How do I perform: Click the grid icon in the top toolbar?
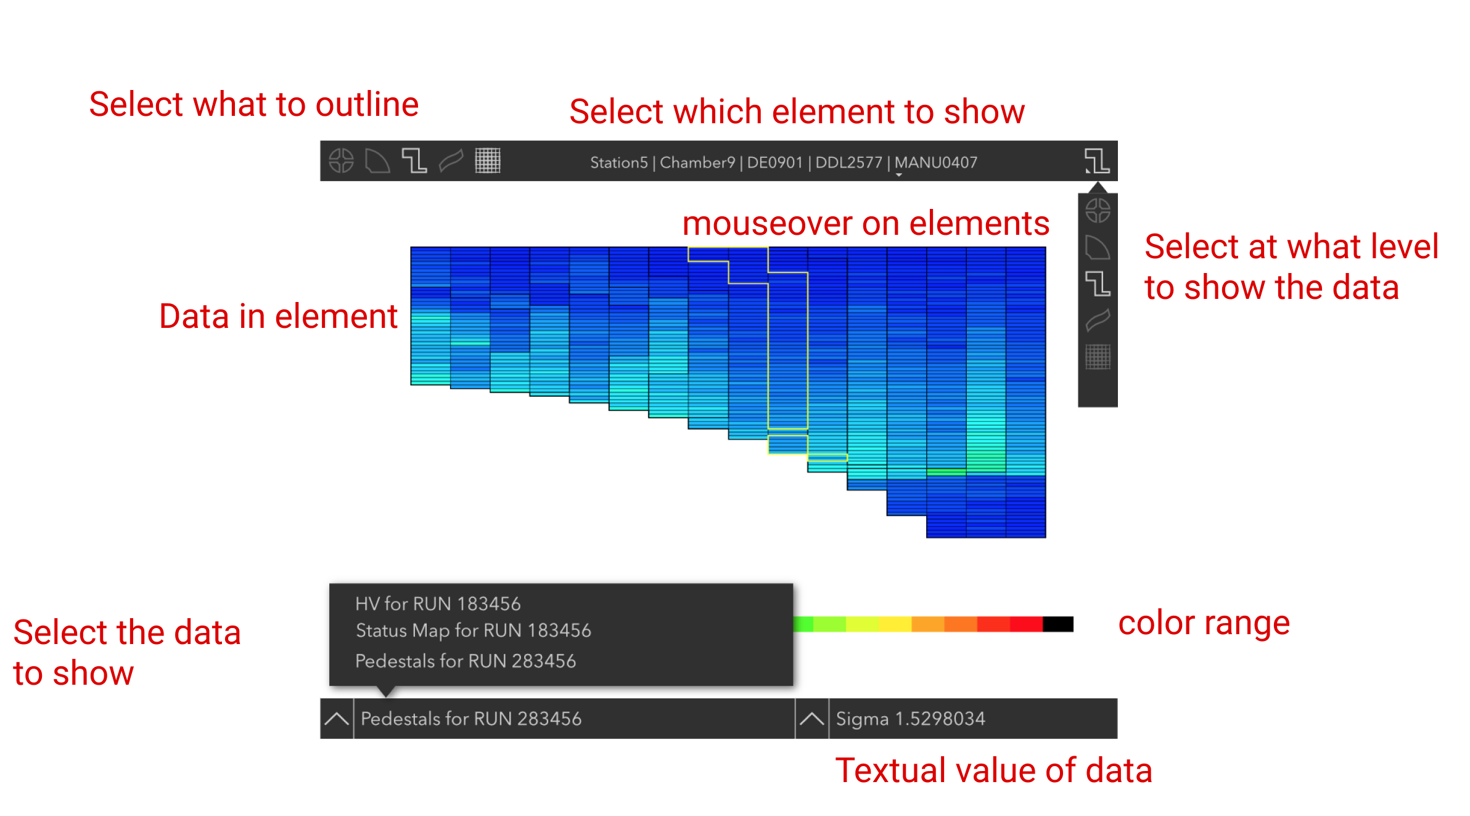pos(488,161)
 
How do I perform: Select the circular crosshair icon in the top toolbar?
pos(341,161)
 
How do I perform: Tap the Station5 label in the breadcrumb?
pos(619,163)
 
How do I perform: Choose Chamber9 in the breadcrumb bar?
pos(697,163)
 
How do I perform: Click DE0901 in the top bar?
pos(775,163)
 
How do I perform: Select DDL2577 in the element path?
pos(849,163)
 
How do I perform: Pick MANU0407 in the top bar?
pos(936,163)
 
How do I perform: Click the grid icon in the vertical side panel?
pos(1098,357)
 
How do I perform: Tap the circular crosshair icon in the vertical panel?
pos(1098,211)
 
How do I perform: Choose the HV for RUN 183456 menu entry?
pos(438,603)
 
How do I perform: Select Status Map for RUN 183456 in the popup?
pos(474,630)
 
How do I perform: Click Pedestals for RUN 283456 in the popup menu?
pos(466,661)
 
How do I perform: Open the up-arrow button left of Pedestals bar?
pos(337,719)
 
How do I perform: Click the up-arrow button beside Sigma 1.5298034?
pos(812,719)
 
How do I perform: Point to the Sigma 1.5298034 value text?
pos(911,719)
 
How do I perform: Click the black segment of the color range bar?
pos(1058,624)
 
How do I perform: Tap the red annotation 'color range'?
pos(1204,624)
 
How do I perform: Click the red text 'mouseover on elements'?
pos(866,223)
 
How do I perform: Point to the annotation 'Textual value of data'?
pos(994,770)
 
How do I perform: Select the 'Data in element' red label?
pos(279,316)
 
